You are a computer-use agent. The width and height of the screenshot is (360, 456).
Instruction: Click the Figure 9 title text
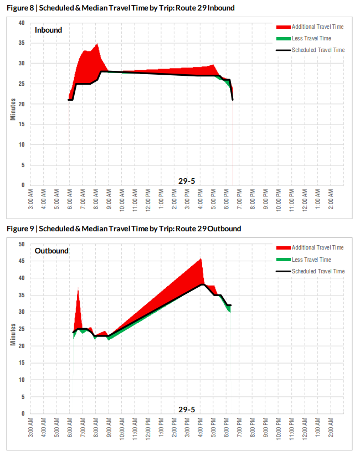(124, 229)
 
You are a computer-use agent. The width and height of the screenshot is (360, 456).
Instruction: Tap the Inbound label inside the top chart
(48, 30)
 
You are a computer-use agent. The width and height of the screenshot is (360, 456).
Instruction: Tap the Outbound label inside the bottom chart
(52, 251)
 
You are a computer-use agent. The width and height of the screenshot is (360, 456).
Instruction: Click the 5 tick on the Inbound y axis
(23, 165)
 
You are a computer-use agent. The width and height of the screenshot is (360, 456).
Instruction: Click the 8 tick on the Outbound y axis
(23, 397)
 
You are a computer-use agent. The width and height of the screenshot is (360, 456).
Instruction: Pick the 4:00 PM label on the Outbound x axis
(200, 427)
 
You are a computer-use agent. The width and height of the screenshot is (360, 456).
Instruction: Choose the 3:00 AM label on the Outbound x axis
(31, 427)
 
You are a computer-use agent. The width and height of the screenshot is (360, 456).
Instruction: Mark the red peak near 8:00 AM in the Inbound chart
(97, 44)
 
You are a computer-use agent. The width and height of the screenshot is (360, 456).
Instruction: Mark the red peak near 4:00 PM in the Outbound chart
(200, 259)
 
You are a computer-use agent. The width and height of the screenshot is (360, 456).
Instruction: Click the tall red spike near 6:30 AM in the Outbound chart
(78, 291)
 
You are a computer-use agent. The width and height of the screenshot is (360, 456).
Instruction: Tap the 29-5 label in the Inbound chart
(186, 180)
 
